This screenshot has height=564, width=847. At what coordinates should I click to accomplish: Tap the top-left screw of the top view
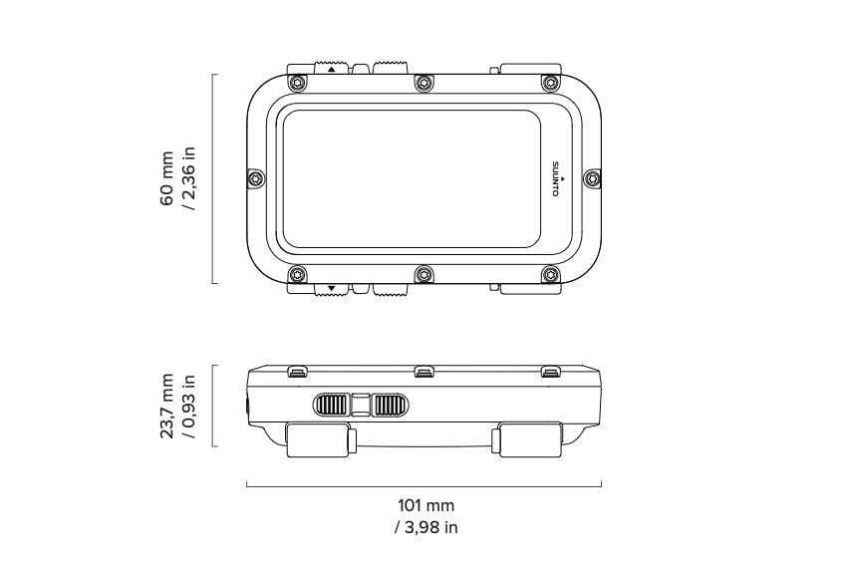296,81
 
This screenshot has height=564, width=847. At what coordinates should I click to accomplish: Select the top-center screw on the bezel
423,81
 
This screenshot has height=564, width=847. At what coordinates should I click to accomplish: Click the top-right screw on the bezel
549,81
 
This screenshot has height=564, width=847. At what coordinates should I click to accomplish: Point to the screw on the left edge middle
256,178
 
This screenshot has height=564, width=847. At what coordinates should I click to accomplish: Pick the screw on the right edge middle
592,178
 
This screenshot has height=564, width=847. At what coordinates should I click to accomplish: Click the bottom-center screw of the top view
423,275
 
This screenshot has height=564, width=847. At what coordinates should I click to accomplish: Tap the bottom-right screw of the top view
549,275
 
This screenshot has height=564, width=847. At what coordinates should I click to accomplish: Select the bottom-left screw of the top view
296,275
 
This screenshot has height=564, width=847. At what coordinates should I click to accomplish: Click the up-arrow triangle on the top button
329,69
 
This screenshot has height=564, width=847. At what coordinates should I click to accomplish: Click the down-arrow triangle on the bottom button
329,290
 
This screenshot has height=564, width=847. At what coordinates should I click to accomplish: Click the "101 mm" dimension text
425,506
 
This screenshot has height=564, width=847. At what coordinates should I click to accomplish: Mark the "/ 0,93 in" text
189,406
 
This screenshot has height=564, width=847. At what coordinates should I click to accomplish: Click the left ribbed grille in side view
332,405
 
